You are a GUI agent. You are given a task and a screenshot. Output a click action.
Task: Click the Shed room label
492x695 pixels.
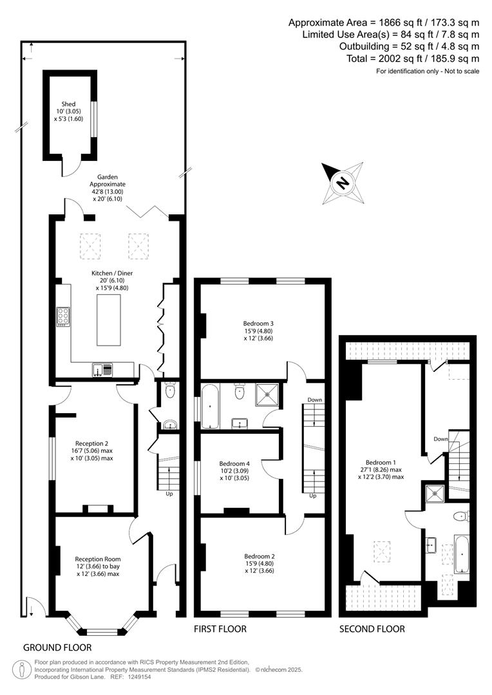click(x=68, y=104)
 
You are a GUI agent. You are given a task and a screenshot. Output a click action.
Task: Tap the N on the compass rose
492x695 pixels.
click(x=342, y=182)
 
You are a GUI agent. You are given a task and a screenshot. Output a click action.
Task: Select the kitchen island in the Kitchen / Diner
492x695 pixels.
click(x=109, y=320)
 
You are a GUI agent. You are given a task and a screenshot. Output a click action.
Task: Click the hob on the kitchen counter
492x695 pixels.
click(x=63, y=317)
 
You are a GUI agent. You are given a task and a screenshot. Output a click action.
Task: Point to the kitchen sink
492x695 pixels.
click(x=103, y=369)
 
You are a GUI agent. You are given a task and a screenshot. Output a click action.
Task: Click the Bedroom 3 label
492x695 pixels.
click(x=258, y=324)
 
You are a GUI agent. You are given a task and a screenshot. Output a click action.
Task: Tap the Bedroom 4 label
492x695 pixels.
click(x=234, y=463)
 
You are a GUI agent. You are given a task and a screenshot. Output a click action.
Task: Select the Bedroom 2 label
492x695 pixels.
click(x=260, y=556)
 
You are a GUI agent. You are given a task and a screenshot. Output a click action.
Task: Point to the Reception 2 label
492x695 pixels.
click(x=91, y=443)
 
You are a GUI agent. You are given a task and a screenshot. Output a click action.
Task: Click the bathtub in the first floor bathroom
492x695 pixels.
click(x=209, y=407)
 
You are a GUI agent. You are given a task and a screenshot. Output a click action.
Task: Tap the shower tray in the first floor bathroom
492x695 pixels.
click(x=267, y=395)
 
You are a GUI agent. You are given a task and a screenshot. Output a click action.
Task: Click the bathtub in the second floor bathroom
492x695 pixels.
click(x=462, y=553)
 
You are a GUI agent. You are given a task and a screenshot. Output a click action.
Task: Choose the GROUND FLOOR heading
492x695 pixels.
click(x=57, y=647)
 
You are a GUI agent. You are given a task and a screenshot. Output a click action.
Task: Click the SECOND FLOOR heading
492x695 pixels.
click(x=372, y=629)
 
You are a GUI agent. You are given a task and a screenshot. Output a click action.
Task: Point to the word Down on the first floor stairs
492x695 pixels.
click(x=314, y=400)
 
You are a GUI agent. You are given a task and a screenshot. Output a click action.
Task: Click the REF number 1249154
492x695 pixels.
click(x=138, y=677)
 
